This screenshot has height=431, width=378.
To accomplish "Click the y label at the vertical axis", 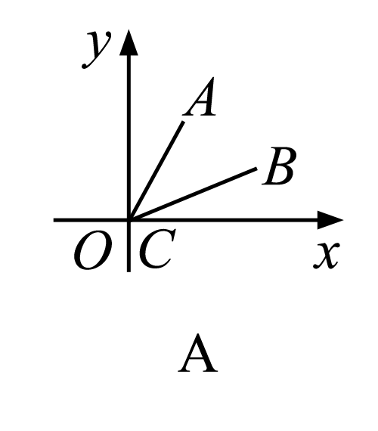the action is point(97,49).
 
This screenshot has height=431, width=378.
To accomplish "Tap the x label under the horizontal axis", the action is point(327,255).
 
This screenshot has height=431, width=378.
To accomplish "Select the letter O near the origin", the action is point(93,250).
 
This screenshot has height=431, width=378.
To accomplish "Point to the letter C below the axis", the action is point(157,249).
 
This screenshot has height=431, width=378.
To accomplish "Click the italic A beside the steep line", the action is point(199,97).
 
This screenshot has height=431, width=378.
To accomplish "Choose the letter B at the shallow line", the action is point(279,166).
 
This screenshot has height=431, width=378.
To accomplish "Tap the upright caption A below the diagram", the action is point(198,354).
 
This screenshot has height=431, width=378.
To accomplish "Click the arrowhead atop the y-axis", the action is point(129,42).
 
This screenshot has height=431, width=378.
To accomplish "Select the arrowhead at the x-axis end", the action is point(330,220).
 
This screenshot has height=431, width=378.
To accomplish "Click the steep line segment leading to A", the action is point(156,170).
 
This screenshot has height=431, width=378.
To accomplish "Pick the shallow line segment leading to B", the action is point(193,194).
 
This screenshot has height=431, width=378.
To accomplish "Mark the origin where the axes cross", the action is point(129,220).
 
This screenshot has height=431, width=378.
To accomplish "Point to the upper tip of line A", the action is point(184,122).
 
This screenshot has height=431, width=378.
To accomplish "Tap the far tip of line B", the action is point(257,168).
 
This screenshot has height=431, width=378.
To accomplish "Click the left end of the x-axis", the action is point(54,220).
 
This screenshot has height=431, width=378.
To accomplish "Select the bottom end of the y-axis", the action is point(129,271).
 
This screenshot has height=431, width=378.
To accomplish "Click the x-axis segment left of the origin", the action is point(91,220).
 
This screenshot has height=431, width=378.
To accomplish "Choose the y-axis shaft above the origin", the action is point(129,138).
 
